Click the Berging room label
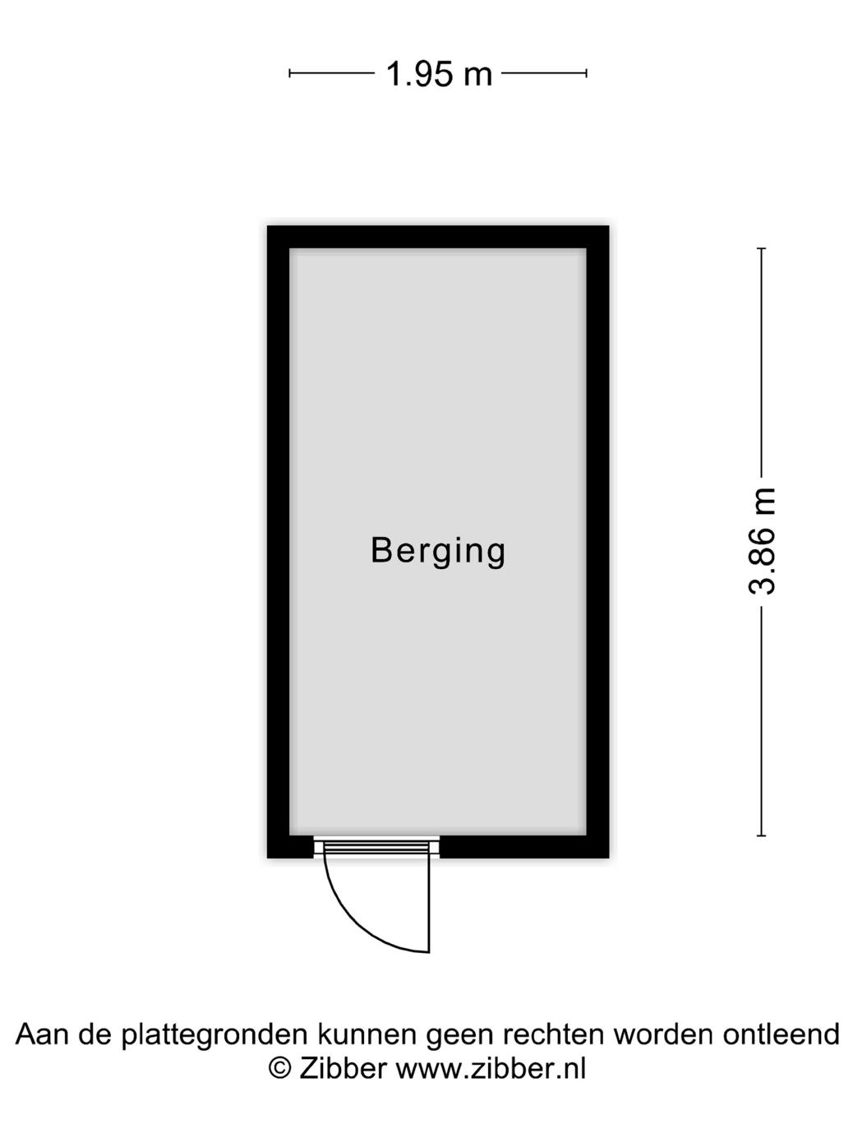pos(438,551)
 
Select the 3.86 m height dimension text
pos(762,540)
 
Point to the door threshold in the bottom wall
pos(376,846)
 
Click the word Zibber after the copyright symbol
pos(343,1068)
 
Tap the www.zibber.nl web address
pos(491,1068)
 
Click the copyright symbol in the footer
pos(280,1068)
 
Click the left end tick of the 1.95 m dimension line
pos(290,73)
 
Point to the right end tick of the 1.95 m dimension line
pos(586,73)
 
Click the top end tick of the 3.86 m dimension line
pos(762,248)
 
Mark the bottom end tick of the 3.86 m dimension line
pos(762,835)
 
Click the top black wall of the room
pos(438,237)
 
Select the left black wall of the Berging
pos(279,543)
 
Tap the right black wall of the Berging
pos(597,543)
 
